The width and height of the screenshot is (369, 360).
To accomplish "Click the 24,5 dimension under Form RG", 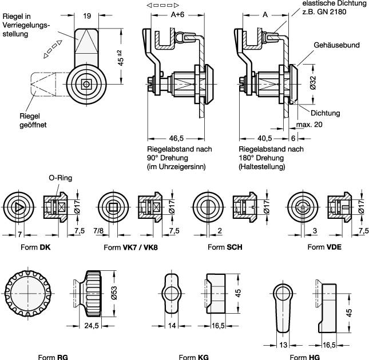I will click(x=90, y=326).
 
